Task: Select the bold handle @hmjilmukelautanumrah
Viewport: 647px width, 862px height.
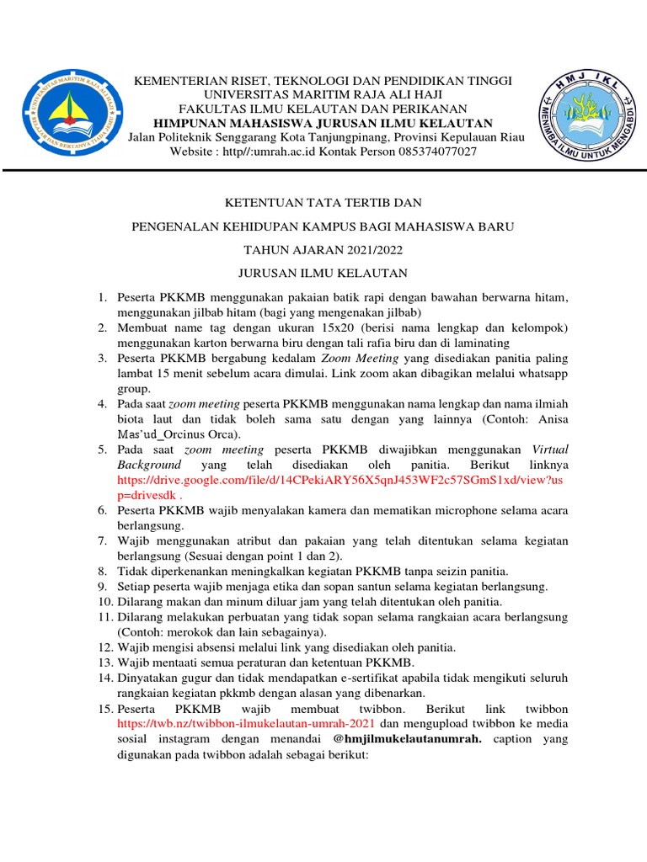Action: [x=411, y=739]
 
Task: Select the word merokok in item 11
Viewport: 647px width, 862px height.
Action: [x=186, y=631]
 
